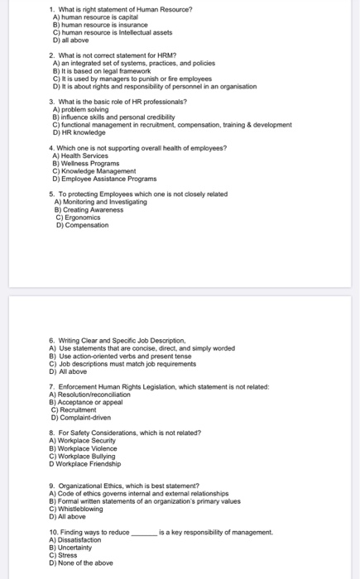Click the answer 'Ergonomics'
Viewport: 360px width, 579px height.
pos(83,217)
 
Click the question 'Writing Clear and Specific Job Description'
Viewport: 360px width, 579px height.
pos(121,340)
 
